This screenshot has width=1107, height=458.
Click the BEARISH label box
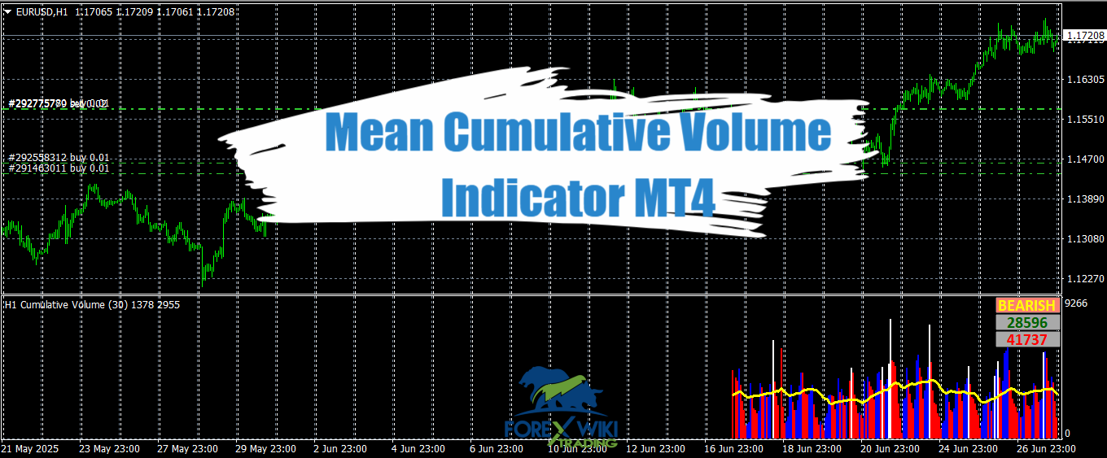[1027, 306]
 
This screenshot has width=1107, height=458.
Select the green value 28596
[1027, 322]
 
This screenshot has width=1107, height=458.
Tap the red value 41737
[1027, 339]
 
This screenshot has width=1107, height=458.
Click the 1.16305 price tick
[1084, 80]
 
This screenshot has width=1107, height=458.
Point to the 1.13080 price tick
[1084, 239]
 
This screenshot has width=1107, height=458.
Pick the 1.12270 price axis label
[1084, 279]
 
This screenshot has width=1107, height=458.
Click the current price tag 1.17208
[1084, 36]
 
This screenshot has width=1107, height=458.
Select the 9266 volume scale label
[1076, 303]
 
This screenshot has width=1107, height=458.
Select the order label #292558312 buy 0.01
[59, 158]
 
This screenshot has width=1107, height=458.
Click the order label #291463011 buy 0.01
[59, 168]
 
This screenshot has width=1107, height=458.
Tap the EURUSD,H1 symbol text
[42, 12]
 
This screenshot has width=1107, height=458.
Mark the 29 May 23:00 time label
[265, 449]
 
